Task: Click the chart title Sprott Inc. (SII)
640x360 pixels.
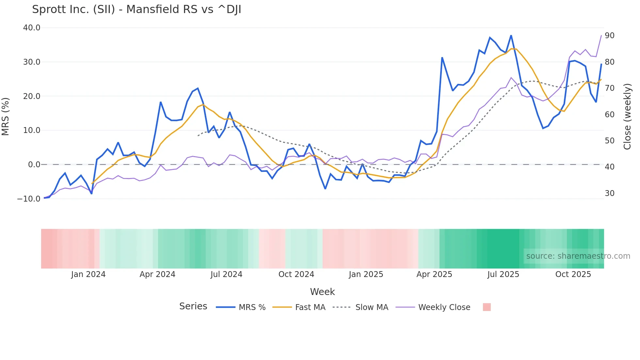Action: click(x=136, y=9)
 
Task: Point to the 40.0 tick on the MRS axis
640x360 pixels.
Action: click(x=32, y=28)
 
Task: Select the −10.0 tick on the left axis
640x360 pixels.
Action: click(x=29, y=199)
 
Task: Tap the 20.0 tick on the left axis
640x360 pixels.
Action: click(x=32, y=96)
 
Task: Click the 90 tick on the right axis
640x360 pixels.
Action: click(x=610, y=36)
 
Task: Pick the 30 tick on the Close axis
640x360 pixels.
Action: click(x=610, y=193)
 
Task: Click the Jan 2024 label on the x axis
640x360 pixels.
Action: click(x=88, y=274)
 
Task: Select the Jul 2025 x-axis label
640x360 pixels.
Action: click(x=503, y=274)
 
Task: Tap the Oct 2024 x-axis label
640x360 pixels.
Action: click(x=296, y=274)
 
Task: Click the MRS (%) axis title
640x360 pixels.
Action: click(x=6, y=116)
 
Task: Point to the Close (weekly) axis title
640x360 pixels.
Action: click(x=627, y=116)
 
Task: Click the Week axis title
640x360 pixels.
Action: click(x=322, y=292)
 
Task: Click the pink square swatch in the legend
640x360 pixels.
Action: click(x=487, y=307)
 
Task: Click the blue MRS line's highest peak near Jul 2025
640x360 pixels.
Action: click(x=511, y=36)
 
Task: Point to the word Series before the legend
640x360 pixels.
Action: click(x=193, y=306)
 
